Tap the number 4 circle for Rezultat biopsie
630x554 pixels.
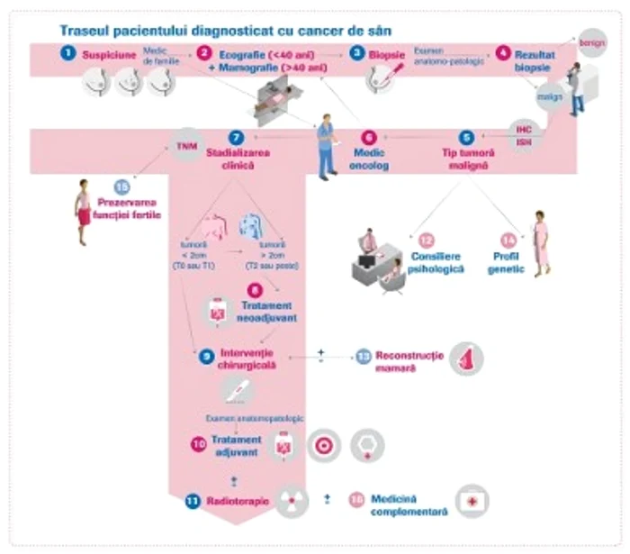pos(502,53)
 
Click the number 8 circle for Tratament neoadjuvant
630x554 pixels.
pos(256,290)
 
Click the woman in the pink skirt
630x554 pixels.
pos(83,210)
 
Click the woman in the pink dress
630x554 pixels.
pos(541,243)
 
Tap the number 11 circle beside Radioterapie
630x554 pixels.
pos(193,500)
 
